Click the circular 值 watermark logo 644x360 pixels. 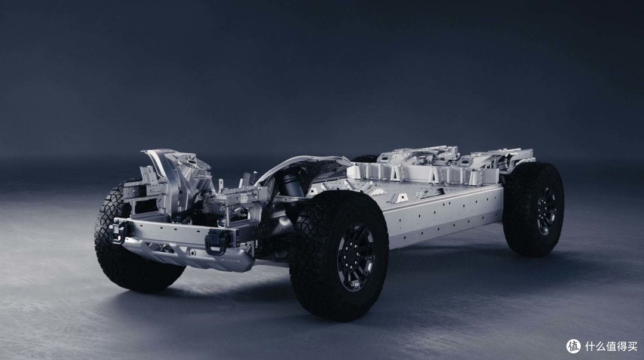(x=574, y=346)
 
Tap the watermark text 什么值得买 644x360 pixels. (x=611, y=346)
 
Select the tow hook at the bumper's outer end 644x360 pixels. (x=119, y=231)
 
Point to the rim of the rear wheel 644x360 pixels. (x=547, y=212)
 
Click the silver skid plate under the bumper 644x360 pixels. (x=189, y=254)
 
